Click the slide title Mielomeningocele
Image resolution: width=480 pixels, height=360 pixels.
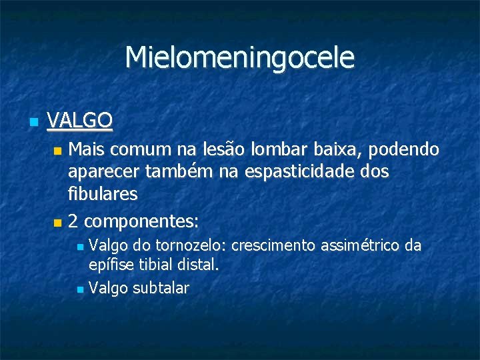[x=240, y=57]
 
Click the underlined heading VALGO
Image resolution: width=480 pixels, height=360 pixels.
[x=80, y=121]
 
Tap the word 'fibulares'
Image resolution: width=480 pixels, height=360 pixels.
[x=103, y=194]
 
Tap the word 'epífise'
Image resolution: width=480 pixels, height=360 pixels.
[x=111, y=265]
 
